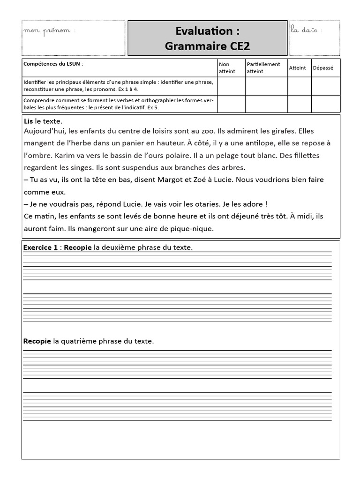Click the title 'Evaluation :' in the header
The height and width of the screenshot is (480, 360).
point(207,31)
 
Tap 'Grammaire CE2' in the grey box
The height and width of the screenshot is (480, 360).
point(207,46)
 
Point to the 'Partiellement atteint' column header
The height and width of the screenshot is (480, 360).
point(263,67)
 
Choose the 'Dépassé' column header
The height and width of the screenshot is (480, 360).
point(322,67)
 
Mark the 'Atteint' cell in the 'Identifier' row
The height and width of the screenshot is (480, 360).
point(299,86)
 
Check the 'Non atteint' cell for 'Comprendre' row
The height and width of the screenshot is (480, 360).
point(231,104)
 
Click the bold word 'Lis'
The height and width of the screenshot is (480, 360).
point(29,121)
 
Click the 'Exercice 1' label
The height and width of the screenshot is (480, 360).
point(40,247)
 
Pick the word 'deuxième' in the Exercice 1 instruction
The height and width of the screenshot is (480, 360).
point(117,247)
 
